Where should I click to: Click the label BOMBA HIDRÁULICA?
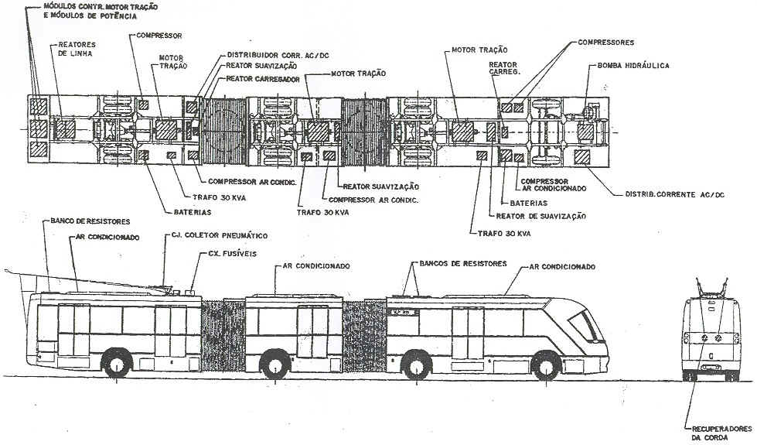coord(633,66)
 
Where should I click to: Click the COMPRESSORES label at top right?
coord(605,43)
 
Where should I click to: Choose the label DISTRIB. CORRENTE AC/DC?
coord(673,194)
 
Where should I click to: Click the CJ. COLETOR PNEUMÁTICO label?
coord(220,235)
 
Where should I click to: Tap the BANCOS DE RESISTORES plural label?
coord(460,264)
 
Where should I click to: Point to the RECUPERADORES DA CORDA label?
coord(719,432)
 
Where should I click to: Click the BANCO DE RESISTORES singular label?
coord(84,222)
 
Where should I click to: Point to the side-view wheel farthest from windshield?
coord(117,365)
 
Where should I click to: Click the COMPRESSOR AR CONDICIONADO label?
coord(553,183)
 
